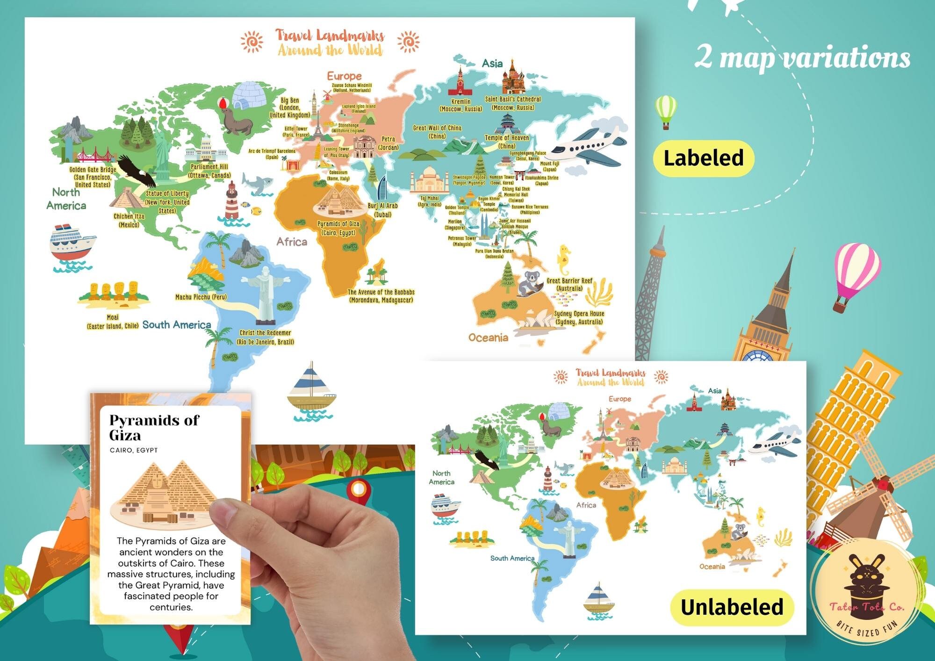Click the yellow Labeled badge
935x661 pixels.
click(x=703, y=158)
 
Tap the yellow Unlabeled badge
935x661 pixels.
click(x=732, y=607)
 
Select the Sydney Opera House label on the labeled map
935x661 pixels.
click(x=579, y=318)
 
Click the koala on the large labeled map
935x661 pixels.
click(x=530, y=283)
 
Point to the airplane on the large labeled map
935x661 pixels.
click(x=587, y=148)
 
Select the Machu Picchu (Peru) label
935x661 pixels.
click(x=201, y=297)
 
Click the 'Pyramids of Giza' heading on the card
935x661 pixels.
click(x=154, y=427)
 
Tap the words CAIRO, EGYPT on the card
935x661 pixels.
click(x=134, y=450)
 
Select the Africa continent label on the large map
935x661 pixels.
click(x=292, y=242)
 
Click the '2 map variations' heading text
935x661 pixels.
click(x=802, y=58)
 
